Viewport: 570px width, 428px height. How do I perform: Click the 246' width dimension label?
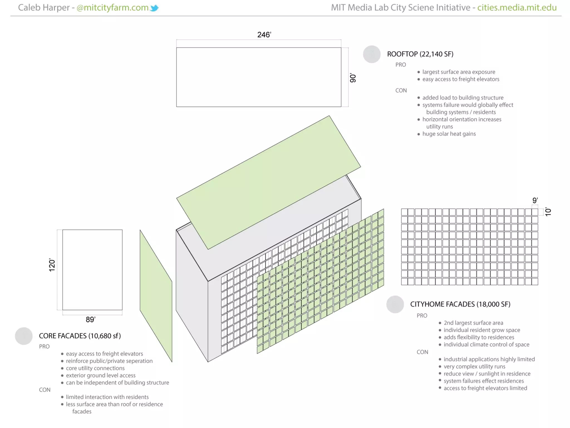point(264,35)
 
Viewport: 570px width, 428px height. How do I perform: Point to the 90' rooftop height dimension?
point(353,78)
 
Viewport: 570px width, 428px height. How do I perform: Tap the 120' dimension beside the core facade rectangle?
point(52,265)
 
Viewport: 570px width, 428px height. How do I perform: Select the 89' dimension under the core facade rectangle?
point(90,319)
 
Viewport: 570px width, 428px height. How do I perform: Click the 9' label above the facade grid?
point(535,200)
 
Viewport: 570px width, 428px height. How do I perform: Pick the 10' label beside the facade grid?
point(548,212)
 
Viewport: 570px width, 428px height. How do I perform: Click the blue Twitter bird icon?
point(154,8)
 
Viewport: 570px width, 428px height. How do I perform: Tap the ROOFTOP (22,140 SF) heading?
point(420,54)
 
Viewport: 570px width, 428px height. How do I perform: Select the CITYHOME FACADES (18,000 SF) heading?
point(460,304)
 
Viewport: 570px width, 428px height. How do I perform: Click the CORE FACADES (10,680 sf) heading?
point(80,336)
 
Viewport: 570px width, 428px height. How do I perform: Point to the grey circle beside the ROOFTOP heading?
point(372,54)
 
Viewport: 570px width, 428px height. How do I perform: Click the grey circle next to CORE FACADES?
point(24,336)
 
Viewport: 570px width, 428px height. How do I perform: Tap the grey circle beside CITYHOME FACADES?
point(395,304)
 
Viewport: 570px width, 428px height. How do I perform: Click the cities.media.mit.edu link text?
point(517,8)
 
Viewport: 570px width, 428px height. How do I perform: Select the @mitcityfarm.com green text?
point(112,8)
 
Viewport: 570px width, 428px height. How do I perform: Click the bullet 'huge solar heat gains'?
point(449,134)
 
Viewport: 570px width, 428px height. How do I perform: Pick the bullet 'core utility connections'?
point(95,368)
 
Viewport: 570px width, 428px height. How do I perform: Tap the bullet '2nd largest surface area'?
point(473,323)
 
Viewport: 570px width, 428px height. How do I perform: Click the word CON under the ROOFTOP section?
point(401,90)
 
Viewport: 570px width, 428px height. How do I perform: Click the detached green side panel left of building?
point(156,295)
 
